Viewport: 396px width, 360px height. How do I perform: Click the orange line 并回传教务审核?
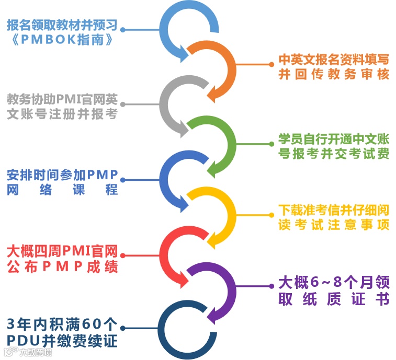pyautogui.click(x=333, y=75)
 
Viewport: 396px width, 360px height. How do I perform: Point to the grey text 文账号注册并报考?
pyautogui.click(x=62, y=114)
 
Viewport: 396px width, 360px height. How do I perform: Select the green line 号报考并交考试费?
pyautogui.click(x=333, y=154)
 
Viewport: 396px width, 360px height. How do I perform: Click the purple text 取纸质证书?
pyautogui.click(x=333, y=300)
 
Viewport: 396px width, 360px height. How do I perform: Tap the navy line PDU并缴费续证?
pyautogui.click(x=62, y=341)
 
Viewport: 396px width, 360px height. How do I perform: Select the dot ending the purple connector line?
pyautogui.click(x=270, y=286)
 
